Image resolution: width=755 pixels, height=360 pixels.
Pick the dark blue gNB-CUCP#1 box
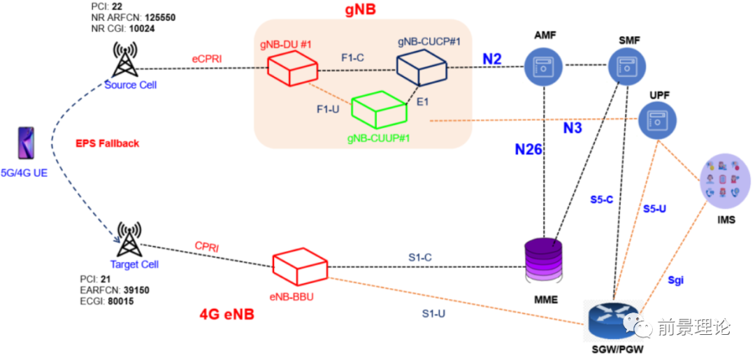click(422, 68)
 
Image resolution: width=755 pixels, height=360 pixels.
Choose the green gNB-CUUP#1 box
click(378, 110)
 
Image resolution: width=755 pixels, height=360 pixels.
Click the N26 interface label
click(529, 149)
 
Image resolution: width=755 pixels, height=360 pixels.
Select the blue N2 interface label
click(492, 61)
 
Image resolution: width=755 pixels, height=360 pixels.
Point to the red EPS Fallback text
click(107, 143)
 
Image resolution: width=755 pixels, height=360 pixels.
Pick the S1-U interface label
click(433, 314)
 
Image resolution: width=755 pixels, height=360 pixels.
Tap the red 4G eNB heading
click(227, 315)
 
